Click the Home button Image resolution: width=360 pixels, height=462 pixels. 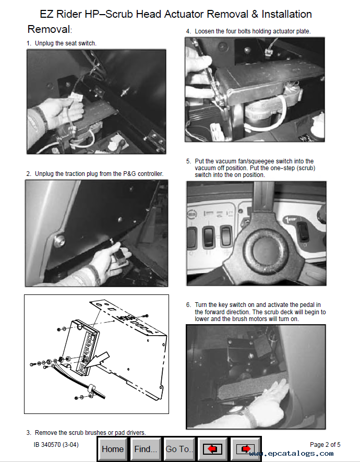pos(113,449)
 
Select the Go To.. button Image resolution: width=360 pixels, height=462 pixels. pos(178,449)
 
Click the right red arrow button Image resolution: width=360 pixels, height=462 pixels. pos(245,449)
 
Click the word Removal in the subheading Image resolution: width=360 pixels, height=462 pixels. pos(48,29)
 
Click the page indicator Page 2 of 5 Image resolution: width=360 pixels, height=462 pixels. pos(325,445)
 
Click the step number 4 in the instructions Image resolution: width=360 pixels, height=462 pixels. pos(188,31)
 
